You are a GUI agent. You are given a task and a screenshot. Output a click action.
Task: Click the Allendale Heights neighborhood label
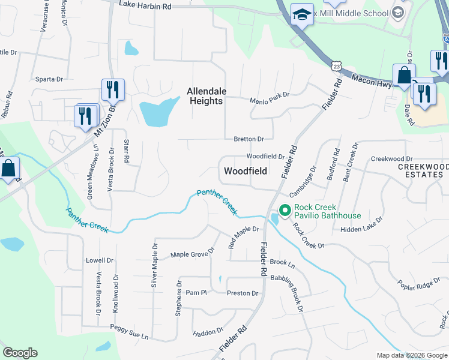[x=206, y=96]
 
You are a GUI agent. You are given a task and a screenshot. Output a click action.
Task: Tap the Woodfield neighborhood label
[x=245, y=171]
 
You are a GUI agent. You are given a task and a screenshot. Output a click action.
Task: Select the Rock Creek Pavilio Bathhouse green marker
[x=284, y=211]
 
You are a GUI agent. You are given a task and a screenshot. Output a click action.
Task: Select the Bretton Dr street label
[x=249, y=139]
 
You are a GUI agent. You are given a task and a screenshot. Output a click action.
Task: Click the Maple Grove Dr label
[x=193, y=253]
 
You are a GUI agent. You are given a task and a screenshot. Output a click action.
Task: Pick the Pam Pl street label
[x=196, y=293]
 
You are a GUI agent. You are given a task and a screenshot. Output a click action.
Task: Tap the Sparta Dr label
[x=50, y=79]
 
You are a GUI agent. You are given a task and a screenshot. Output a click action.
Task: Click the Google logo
[x=20, y=353]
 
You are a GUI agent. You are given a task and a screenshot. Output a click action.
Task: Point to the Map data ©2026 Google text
[x=411, y=355]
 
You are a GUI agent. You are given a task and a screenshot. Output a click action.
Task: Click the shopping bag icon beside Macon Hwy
[x=404, y=76]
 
